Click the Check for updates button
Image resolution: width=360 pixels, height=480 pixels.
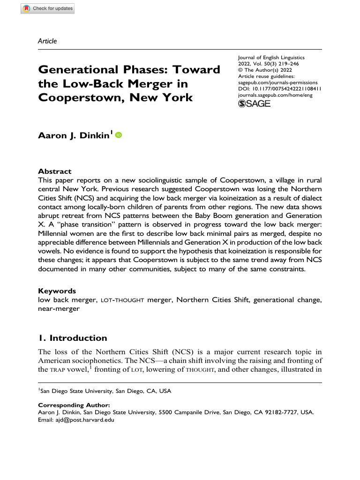pos(47,8)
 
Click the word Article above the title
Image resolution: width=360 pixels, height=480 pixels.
pos(47,41)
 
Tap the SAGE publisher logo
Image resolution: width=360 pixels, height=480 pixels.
pos(255,104)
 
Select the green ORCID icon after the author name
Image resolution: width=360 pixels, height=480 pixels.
pos(118,135)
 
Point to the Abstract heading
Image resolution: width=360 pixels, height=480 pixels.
pos(54,172)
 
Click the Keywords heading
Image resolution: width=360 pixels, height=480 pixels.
pos(57,291)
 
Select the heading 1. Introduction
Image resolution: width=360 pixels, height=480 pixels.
pos(72,338)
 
